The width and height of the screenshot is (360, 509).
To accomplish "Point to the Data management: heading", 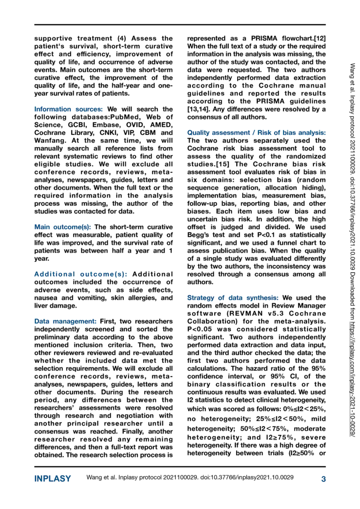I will coord(66,321).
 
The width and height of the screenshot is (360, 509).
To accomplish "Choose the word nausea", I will coord(48,298).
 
